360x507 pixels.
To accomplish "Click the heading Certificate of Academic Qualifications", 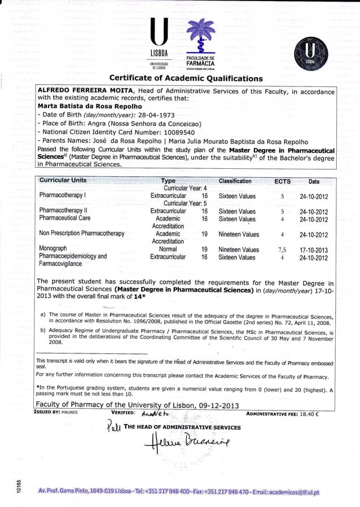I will point(186,78).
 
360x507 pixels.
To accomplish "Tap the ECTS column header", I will point(282,181).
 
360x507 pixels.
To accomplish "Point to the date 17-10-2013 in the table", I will point(314,250).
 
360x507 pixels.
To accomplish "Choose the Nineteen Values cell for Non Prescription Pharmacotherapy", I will point(239,234).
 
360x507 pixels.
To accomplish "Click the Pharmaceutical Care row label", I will point(64,218).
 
